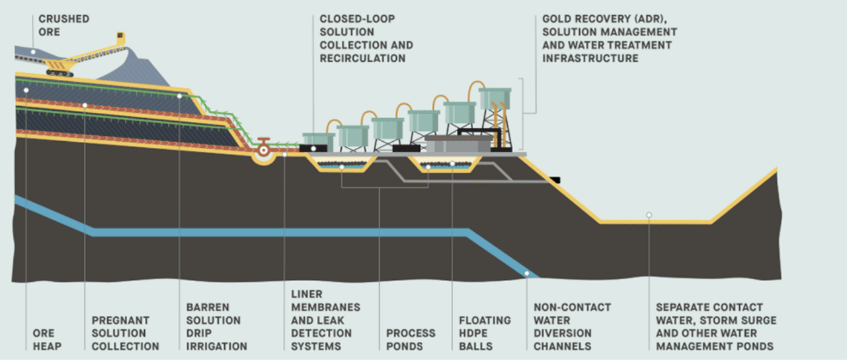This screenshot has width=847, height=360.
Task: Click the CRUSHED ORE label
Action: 64,25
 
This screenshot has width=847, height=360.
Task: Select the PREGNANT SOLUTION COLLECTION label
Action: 125,333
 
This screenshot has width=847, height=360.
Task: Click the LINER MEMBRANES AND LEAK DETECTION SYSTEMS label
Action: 325,319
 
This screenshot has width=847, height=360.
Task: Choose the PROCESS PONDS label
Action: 411,339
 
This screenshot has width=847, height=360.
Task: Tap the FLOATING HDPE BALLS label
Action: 485,333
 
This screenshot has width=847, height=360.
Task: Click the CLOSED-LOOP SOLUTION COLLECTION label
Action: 366,38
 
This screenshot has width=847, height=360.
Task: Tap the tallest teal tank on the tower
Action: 495,98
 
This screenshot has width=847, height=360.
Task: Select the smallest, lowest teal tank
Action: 318,140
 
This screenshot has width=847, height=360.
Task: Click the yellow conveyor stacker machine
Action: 91,58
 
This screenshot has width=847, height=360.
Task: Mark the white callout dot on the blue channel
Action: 526,273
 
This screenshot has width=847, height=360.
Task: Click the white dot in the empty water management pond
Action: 649,215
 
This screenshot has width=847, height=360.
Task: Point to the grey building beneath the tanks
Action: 458,144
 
